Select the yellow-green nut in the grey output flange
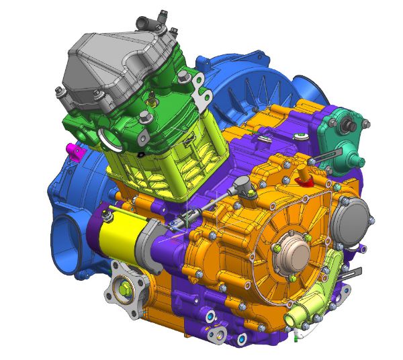[126, 289]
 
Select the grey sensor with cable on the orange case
[244, 187]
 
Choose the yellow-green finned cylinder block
[161, 161]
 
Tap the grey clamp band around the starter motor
[146, 242]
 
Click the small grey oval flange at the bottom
[217, 332]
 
